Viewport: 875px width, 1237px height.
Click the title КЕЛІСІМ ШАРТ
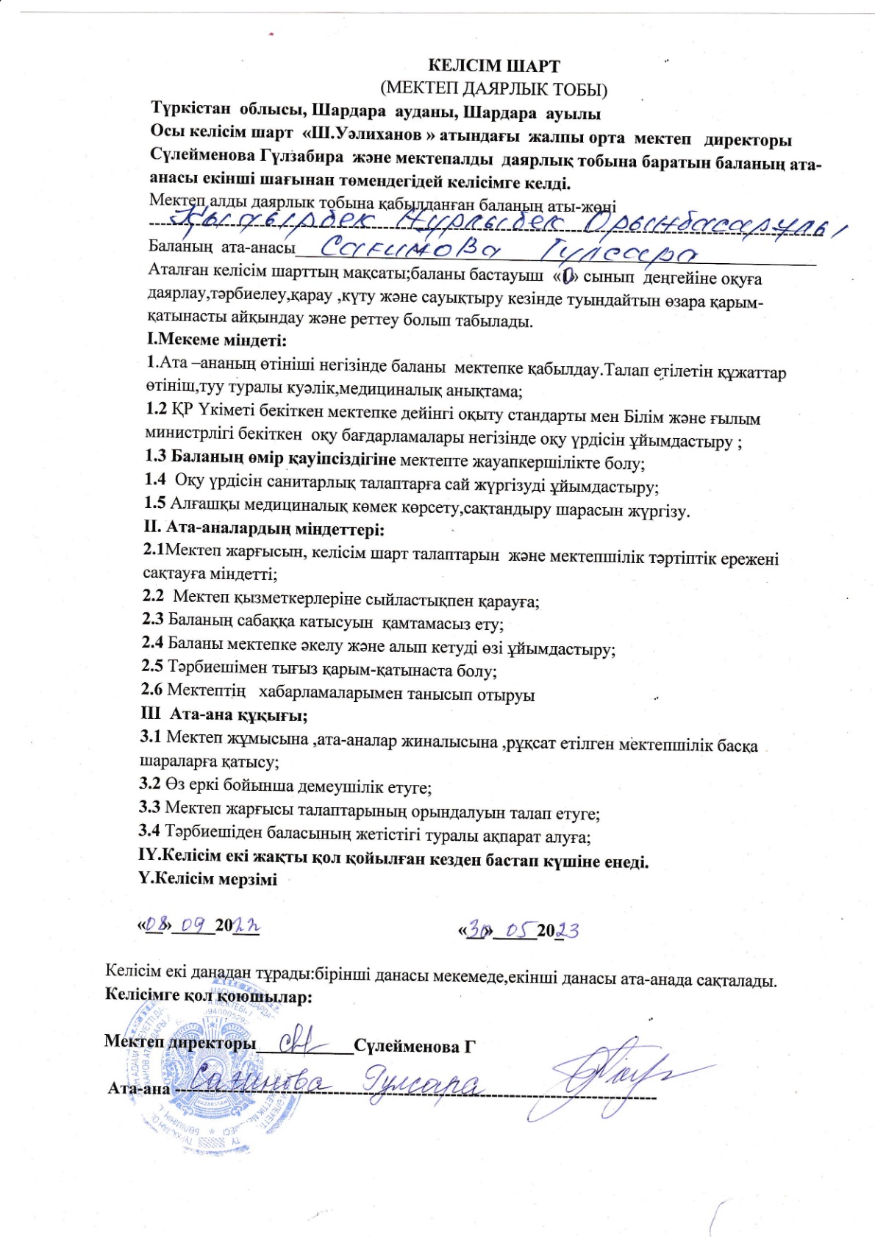[493, 66]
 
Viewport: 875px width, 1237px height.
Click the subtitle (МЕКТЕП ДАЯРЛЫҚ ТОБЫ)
[493, 90]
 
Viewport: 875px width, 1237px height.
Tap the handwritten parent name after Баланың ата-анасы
[507, 252]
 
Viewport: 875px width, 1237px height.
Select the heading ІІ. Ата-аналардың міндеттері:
[264, 528]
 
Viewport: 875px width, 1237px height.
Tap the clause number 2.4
[153, 643]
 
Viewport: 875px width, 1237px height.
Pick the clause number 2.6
[151, 689]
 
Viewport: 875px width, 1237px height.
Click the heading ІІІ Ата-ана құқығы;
[224, 714]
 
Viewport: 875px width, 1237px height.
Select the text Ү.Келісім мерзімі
[208, 879]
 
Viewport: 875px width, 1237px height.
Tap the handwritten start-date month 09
[194, 926]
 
